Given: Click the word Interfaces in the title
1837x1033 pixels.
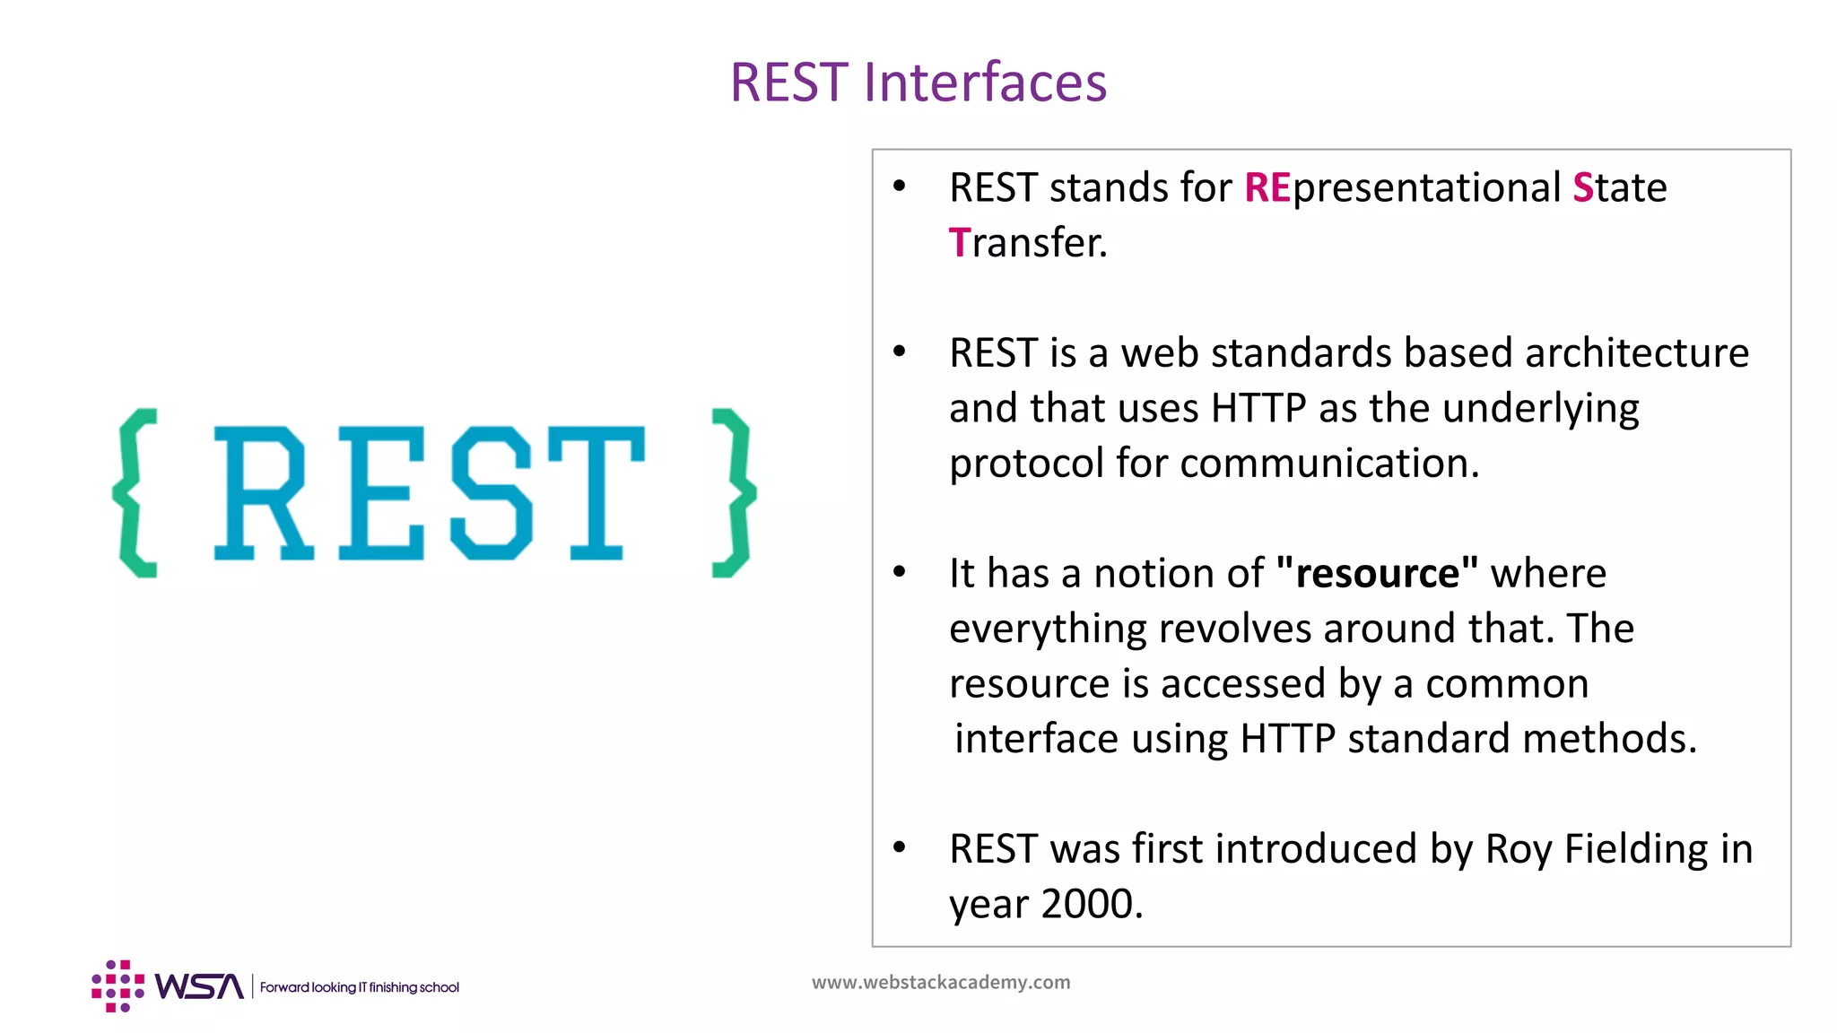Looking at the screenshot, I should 985,82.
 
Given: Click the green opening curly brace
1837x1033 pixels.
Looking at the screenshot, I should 136,492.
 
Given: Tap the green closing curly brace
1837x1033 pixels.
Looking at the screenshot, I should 733,492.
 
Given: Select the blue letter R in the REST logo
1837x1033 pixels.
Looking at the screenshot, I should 262,493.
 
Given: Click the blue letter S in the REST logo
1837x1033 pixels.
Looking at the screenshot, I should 491,493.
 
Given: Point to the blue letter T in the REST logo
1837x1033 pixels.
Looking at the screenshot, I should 596,493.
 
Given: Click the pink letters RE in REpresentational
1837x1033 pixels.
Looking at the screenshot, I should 1267,188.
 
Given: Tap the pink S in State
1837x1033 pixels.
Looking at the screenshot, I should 1582,188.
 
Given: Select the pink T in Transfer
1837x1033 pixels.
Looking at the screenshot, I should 958,243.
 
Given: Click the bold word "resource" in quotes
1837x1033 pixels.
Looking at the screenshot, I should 1377,574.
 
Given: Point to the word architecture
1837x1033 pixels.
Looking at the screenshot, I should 1636,353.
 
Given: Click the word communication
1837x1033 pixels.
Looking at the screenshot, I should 1328,464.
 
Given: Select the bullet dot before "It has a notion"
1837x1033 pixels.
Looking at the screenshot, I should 900,572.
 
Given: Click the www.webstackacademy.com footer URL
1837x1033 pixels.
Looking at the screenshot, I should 940,983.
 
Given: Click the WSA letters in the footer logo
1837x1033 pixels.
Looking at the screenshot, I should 198,986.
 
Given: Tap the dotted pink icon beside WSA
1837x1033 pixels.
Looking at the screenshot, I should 118,986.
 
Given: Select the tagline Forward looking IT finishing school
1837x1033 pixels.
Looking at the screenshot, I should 359,987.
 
